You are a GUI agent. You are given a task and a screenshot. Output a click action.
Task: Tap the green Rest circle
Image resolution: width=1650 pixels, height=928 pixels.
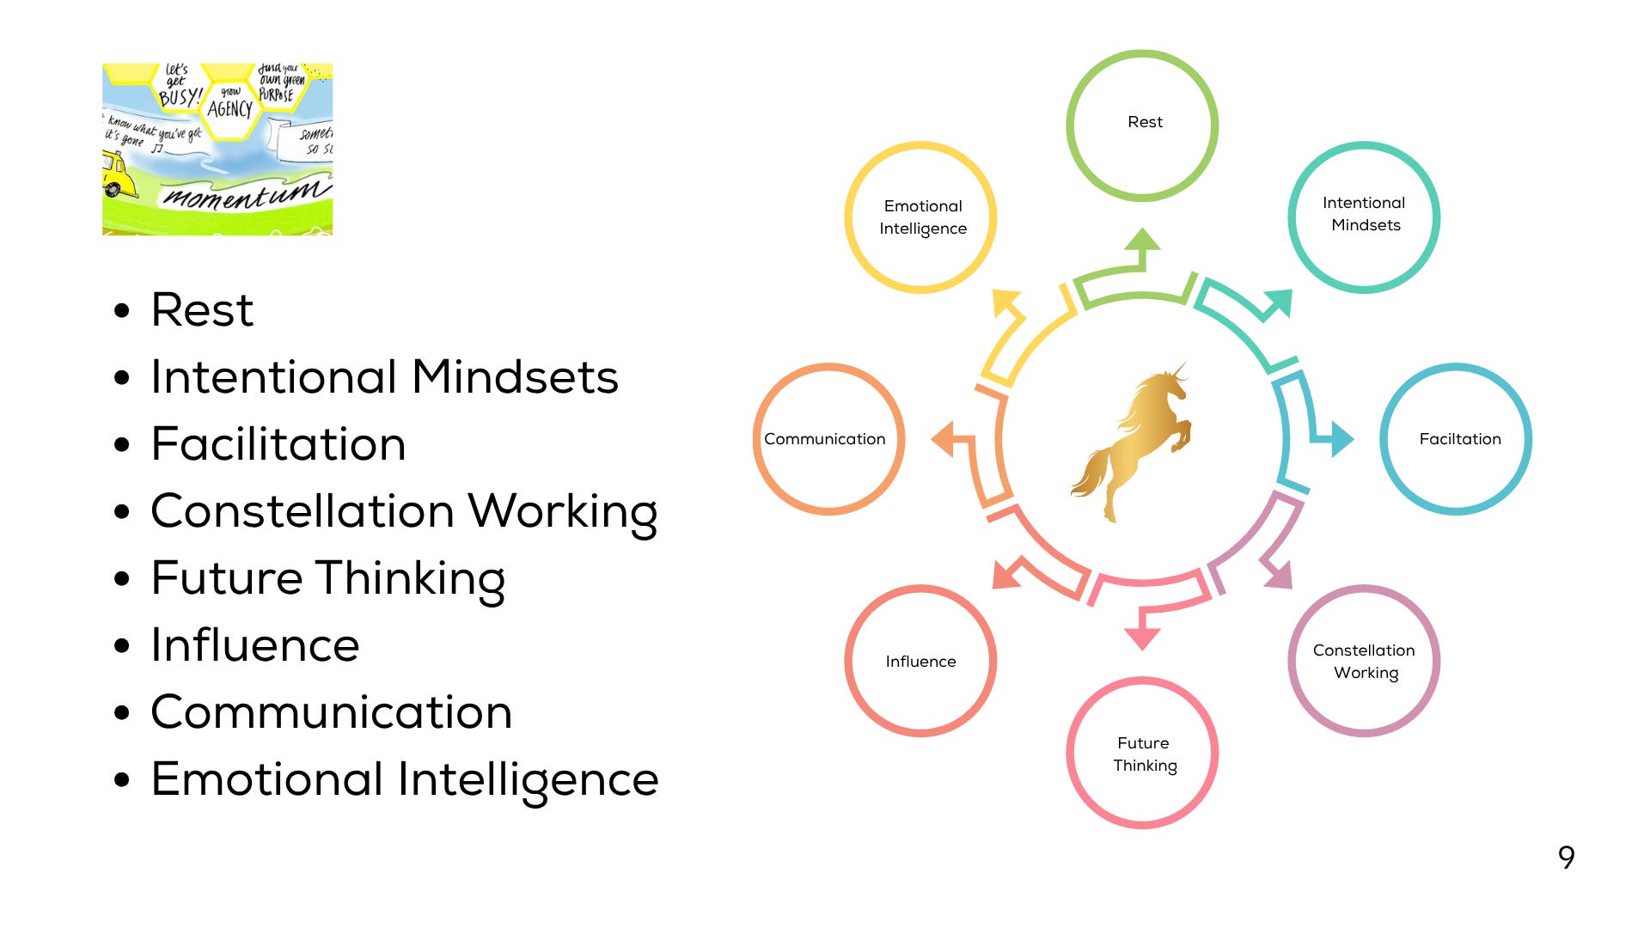[x=1142, y=125]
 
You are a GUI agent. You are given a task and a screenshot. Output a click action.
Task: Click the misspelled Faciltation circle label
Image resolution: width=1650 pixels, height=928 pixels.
[x=1459, y=439]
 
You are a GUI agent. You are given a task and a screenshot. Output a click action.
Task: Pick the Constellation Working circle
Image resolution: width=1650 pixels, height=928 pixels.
[x=1364, y=661]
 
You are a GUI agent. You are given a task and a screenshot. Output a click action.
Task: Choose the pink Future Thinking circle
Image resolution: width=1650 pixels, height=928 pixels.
[x=1142, y=753]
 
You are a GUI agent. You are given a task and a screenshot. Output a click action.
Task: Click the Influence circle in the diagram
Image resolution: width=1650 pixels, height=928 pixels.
[x=920, y=661]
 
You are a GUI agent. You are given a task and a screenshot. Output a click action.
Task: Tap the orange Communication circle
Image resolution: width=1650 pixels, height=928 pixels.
[x=828, y=439]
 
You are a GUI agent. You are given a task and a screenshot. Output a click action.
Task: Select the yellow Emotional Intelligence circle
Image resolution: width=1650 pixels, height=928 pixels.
[x=920, y=217]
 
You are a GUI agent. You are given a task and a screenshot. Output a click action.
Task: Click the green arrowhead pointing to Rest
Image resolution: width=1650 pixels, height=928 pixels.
[x=1142, y=241]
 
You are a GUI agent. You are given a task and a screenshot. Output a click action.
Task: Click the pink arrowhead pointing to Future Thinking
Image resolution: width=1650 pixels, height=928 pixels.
[x=1142, y=638]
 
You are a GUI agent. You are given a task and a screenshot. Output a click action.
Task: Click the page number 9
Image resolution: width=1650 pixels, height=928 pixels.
[x=1566, y=858]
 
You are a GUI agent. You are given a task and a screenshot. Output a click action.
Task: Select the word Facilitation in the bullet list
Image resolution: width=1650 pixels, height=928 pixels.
[x=278, y=444]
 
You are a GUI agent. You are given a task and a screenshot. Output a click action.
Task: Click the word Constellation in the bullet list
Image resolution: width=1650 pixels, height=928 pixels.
[x=302, y=511]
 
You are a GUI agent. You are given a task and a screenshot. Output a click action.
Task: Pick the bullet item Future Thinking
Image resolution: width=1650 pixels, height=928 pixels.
[x=327, y=578]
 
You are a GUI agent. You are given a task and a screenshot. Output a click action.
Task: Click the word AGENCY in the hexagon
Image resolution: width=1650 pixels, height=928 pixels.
[x=229, y=109]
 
